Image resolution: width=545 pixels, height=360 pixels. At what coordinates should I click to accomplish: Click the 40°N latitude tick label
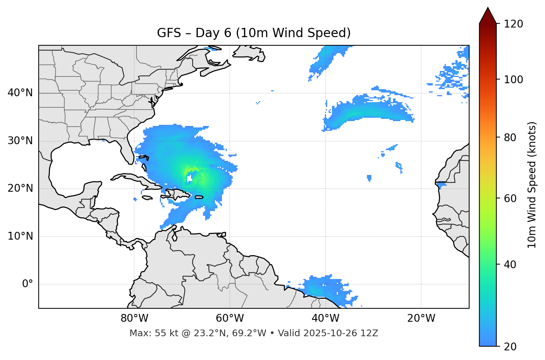20,93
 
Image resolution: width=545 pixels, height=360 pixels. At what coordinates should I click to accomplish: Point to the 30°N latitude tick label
20,141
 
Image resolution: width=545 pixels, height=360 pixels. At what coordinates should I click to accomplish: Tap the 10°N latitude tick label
20,236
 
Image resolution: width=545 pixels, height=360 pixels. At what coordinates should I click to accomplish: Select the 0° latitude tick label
28,284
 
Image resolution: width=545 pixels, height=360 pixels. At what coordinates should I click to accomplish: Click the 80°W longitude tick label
134,318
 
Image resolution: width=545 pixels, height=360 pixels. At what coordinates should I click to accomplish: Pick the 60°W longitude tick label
230,318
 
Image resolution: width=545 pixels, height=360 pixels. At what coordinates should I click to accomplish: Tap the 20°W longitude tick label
421,318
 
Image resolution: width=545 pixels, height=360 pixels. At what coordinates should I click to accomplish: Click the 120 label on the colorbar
513,24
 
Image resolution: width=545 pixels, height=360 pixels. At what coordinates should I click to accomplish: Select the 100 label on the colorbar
513,80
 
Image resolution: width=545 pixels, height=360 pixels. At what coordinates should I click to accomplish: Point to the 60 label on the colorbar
510,198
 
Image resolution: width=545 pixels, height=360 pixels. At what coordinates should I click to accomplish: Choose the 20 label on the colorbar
510,347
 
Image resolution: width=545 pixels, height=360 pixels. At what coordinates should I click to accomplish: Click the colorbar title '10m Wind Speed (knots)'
532,185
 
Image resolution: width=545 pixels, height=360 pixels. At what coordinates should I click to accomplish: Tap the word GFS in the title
169,33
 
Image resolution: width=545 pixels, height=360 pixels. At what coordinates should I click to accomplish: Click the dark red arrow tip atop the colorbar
488,16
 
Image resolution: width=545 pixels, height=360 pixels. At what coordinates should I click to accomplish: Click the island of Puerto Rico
199,197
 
